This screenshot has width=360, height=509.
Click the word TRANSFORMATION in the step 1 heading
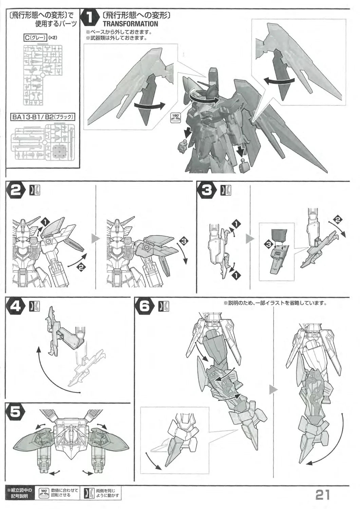click(x=130, y=24)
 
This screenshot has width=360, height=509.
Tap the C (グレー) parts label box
click(x=35, y=38)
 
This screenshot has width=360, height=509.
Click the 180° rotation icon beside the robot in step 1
click(x=175, y=118)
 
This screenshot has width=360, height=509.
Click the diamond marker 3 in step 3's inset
click(x=268, y=244)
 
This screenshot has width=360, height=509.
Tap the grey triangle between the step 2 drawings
click(x=95, y=239)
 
